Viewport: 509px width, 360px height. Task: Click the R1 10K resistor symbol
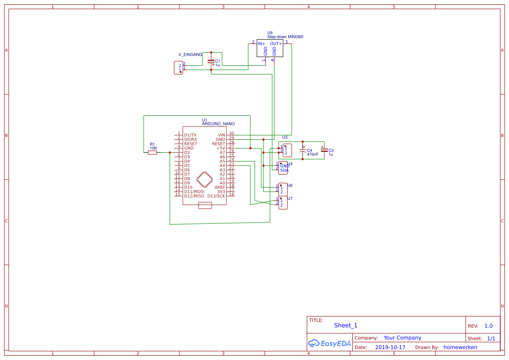pos(152,152)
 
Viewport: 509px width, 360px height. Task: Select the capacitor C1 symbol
pos(211,62)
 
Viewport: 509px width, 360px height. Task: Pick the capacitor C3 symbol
pos(324,150)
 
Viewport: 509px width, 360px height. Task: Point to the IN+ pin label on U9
pos(261,44)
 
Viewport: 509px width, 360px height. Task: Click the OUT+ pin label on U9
pos(276,44)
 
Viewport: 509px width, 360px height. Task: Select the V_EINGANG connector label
pos(190,55)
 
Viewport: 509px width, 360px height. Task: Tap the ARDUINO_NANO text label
pos(218,124)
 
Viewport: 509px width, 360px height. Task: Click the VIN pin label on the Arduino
pos(222,135)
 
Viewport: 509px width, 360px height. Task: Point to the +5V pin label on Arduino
pos(221,148)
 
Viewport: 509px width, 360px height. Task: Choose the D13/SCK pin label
pos(216,196)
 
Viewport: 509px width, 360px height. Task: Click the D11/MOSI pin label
pos(194,192)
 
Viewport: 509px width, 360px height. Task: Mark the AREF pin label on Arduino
pos(219,187)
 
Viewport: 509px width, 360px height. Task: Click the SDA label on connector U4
pos(284,170)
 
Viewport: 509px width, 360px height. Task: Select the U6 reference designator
pos(290,185)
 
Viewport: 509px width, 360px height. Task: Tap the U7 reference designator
pos(290,199)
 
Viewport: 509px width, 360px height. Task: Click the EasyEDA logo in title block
pos(329,343)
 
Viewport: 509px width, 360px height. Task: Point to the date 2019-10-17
pos(390,347)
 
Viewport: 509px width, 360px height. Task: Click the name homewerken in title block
pos(460,347)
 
